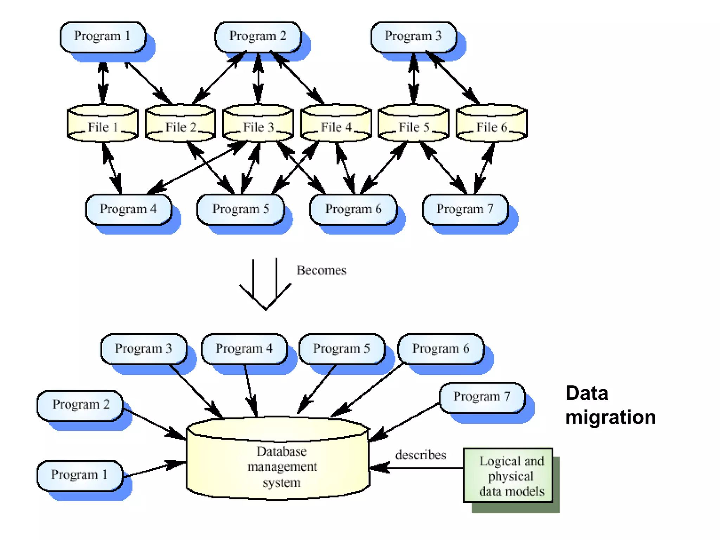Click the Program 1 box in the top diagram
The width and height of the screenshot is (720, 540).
[x=103, y=37]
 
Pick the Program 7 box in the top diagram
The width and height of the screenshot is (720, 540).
[x=465, y=209]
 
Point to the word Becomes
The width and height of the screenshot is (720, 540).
[x=321, y=270]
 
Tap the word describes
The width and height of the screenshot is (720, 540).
[x=420, y=455]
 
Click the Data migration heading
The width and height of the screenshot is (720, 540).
[x=610, y=405]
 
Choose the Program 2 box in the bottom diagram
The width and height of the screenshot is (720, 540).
[x=80, y=405]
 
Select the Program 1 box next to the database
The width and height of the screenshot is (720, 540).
[x=79, y=475]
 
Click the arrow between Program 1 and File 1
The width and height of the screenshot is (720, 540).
[x=103, y=83]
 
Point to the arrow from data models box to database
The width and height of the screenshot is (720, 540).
[x=417, y=468]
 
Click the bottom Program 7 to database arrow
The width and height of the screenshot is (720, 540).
[x=404, y=422]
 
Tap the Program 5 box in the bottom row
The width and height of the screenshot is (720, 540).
[x=341, y=349]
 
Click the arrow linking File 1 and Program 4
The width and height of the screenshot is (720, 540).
[x=112, y=168]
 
